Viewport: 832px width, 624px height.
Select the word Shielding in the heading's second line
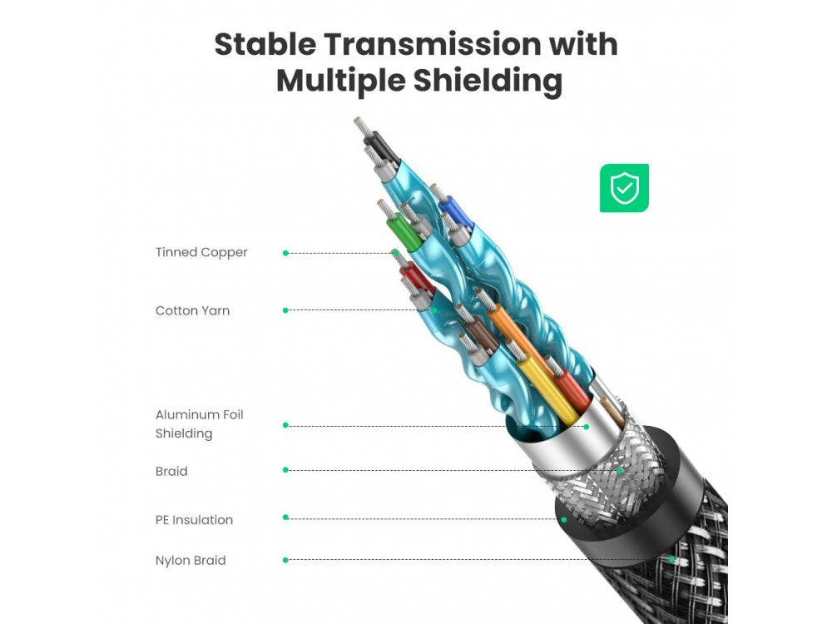(x=488, y=82)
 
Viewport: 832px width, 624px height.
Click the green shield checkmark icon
(x=624, y=188)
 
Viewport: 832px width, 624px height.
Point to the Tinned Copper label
(x=201, y=252)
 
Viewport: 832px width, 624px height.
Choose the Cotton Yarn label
(x=192, y=310)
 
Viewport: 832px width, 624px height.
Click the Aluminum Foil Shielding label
(x=199, y=424)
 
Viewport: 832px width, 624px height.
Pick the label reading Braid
(x=171, y=471)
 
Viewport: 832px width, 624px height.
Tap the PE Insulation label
(x=194, y=519)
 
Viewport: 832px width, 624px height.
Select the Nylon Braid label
(x=191, y=560)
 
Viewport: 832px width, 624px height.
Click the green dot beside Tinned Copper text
(x=285, y=253)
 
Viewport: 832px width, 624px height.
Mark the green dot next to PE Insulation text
(x=285, y=518)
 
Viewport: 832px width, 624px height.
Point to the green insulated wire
(x=406, y=233)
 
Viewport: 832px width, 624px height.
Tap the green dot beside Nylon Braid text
(x=285, y=560)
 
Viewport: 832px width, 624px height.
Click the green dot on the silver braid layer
(x=619, y=471)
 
